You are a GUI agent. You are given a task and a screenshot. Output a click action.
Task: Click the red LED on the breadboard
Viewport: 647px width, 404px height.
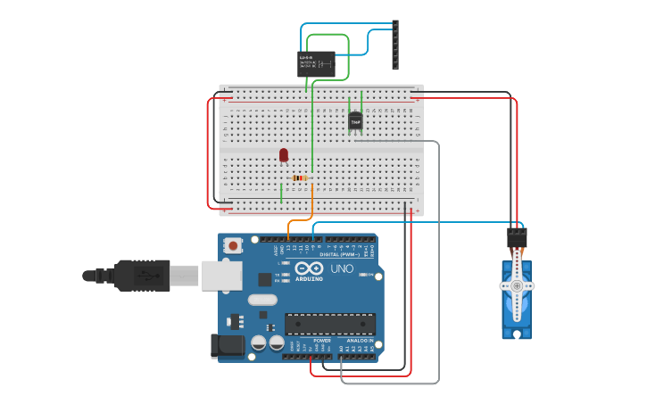tap(284, 155)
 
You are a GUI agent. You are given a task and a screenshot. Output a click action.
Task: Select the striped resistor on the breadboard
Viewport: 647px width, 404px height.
tap(300, 178)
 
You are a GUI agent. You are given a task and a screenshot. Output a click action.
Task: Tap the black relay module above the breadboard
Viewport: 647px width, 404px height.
tap(316, 63)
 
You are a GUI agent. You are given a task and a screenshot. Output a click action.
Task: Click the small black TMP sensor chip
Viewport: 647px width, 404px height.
tap(355, 121)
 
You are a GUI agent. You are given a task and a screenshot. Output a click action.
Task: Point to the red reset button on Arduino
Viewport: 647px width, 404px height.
tap(234, 245)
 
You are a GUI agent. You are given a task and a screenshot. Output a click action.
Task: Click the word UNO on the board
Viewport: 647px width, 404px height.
tap(343, 268)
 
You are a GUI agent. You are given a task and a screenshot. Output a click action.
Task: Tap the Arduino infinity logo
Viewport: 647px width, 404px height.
tap(309, 268)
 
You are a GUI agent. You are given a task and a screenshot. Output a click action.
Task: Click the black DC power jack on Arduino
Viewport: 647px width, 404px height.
tap(225, 346)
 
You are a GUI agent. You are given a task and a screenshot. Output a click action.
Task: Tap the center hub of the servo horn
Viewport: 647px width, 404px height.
tap(517, 286)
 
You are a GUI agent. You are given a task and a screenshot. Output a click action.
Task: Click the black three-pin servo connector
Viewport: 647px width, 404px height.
tap(517, 237)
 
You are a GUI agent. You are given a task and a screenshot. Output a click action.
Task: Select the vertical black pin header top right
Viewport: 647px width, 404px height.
tap(395, 45)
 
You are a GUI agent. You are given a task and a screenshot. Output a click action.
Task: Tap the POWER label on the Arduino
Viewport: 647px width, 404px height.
tap(322, 341)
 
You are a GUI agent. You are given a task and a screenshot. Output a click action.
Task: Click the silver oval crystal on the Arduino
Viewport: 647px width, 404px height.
tap(262, 313)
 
